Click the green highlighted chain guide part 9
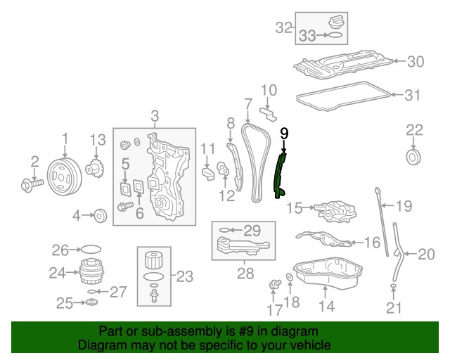(281, 179)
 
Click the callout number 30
(416, 62)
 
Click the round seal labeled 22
(415, 154)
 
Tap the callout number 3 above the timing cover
(155, 116)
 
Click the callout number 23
(184, 276)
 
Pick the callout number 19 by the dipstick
(404, 206)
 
